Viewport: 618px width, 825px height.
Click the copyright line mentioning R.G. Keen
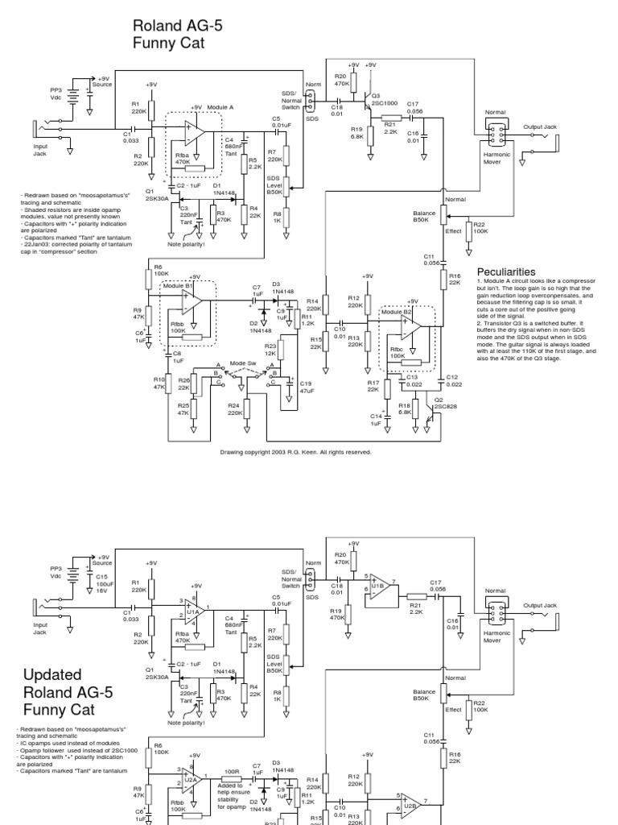tap(295, 452)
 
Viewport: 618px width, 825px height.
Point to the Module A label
tap(220, 106)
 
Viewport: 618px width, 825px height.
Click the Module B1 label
tap(177, 285)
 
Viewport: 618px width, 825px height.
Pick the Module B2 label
tap(395, 311)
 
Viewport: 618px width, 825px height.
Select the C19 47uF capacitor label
tap(306, 388)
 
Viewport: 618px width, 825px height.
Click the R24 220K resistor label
tap(235, 409)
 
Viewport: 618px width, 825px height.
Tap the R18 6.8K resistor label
tap(405, 408)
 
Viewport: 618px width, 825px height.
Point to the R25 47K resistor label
tap(184, 409)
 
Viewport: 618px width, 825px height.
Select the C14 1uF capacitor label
tap(376, 419)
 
